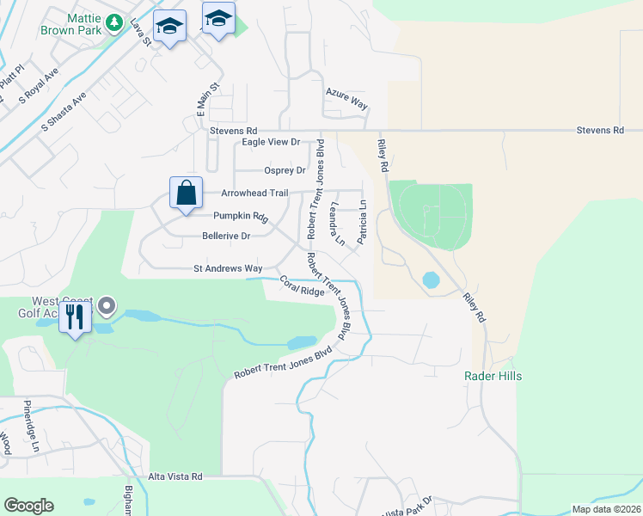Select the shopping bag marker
[x=186, y=193]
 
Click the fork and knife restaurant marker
[x=75, y=319]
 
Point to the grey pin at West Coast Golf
[x=107, y=305]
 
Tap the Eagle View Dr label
[x=271, y=142]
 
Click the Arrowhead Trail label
[x=254, y=193]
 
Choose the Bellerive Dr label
[x=226, y=236]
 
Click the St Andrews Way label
[x=228, y=268]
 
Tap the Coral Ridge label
[x=302, y=286]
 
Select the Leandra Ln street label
[x=338, y=224]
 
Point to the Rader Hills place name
[x=493, y=376]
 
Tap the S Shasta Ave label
[x=64, y=112]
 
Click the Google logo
[x=28, y=506]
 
